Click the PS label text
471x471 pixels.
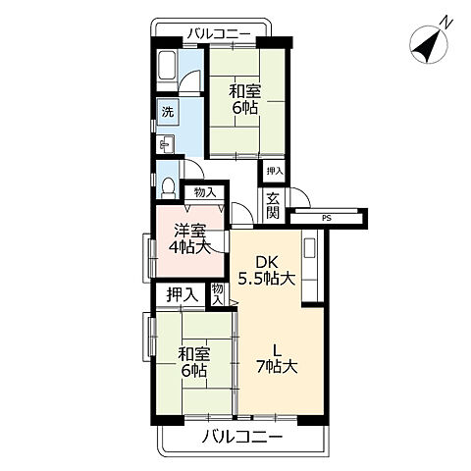(x=325, y=217)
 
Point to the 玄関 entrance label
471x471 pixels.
(x=273, y=206)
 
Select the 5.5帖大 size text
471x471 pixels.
(x=268, y=278)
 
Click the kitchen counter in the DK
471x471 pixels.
(x=310, y=259)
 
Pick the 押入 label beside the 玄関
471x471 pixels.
(x=274, y=172)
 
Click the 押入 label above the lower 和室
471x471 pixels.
(x=181, y=293)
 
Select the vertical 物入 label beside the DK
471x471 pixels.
(x=219, y=293)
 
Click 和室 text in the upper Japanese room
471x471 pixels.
(x=244, y=91)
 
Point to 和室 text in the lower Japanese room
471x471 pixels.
(x=193, y=353)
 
